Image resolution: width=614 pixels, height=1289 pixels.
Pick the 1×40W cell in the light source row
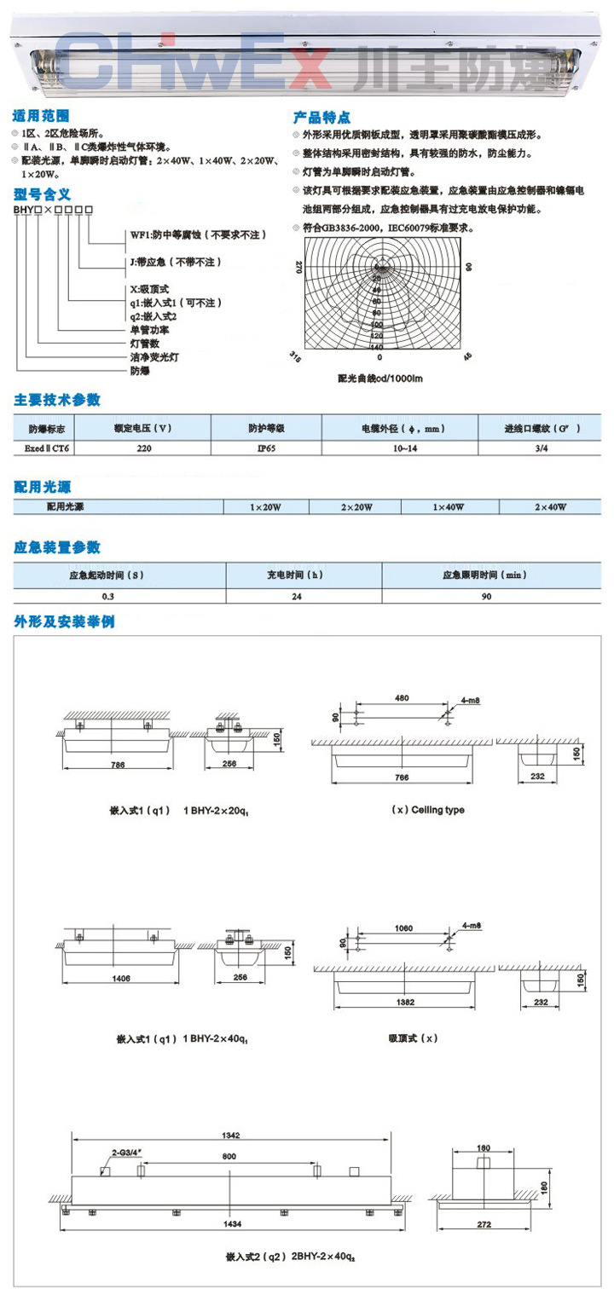pos(449,506)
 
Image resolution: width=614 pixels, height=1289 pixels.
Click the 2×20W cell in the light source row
pos(356,506)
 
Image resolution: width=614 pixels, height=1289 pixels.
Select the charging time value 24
pos(296,596)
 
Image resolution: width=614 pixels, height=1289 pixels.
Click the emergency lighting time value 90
pos(486,596)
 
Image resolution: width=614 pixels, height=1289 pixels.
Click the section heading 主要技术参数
pos(56,400)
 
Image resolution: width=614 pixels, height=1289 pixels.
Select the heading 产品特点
pos(321,118)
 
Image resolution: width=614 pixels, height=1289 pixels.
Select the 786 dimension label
pos(118,765)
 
